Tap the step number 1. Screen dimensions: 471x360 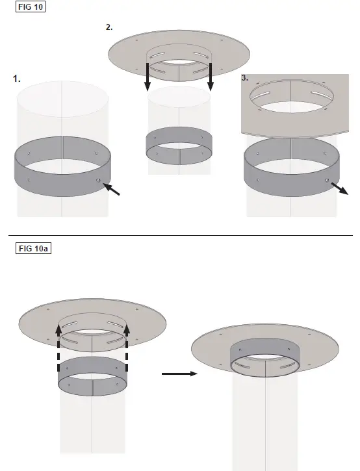(17, 79)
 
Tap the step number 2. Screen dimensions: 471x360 (109, 27)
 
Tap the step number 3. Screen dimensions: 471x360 (245, 77)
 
